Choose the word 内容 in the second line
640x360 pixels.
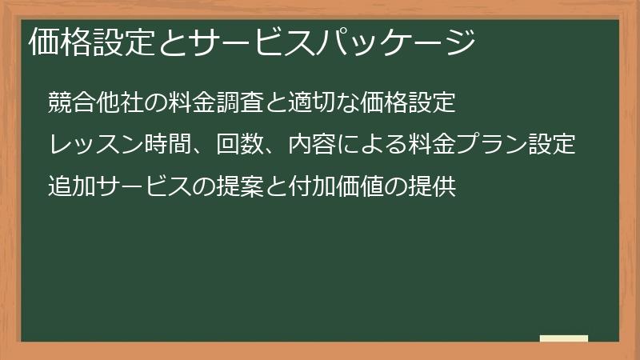287,146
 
